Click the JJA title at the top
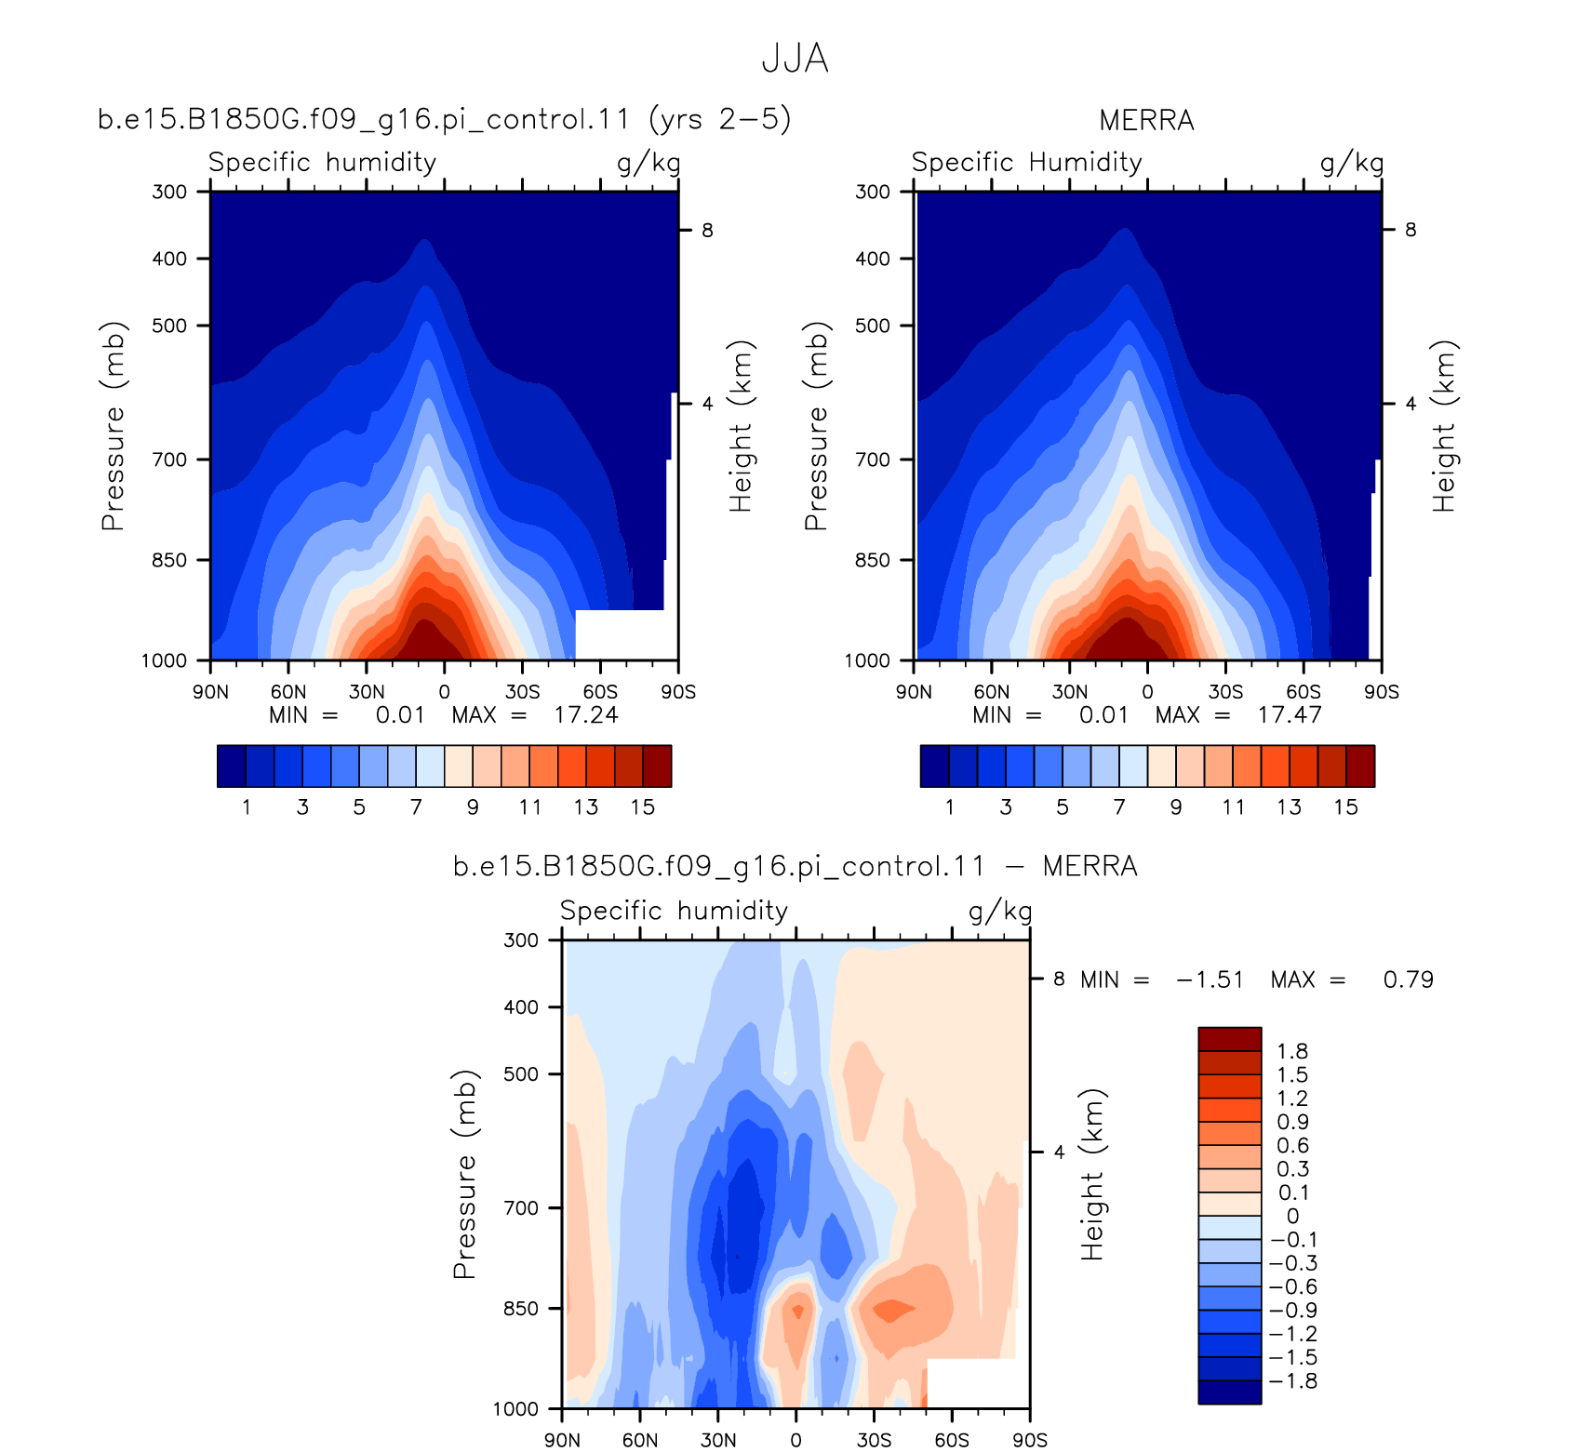[795, 59]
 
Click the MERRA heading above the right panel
[1146, 121]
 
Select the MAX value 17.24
[586, 715]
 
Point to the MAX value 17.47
[1290, 715]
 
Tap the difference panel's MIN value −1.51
[1210, 979]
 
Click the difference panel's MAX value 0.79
[1409, 979]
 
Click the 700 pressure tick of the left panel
[169, 460]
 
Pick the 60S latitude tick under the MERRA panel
[1304, 692]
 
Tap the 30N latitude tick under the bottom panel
[718, 1440]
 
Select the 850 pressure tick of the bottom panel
[521, 1309]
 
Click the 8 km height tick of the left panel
[707, 230]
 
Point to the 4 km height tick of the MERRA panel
[1411, 404]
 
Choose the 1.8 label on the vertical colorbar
[1292, 1051]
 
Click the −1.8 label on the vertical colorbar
[1293, 1380]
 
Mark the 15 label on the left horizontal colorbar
[643, 806]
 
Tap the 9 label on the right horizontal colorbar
[1176, 806]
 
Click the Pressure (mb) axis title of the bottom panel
[464, 1174]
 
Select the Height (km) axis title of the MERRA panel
[1444, 426]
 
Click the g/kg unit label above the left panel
[648, 164]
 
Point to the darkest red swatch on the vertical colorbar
[1229, 1039]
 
